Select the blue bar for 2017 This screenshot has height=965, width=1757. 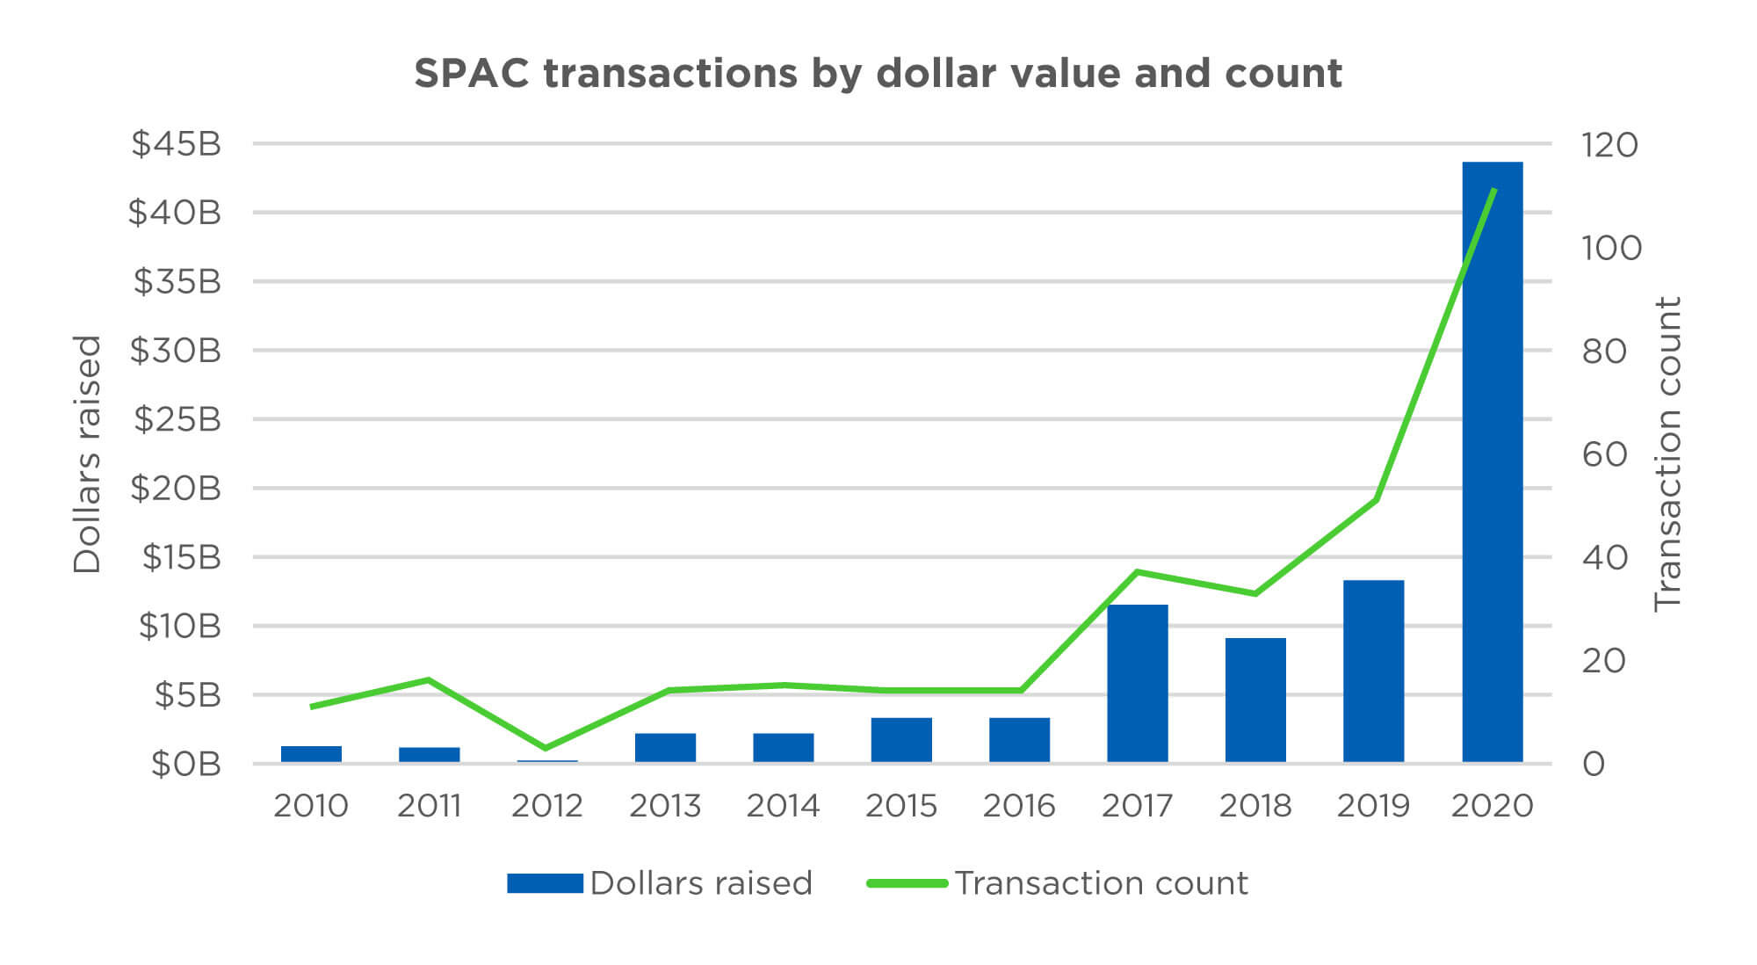coord(1137,683)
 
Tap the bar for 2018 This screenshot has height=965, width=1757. coord(1255,700)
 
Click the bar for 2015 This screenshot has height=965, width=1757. coord(901,739)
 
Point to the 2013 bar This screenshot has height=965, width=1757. coord(665,747)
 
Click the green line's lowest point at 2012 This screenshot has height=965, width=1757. coord(546,748)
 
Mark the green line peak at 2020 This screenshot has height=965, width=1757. coord(1493,190)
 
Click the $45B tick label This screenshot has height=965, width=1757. coord(176,143)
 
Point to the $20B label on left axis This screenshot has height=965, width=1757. coord(176,488)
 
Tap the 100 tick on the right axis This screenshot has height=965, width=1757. coord(1611,248)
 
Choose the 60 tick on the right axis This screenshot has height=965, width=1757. coord(1605,454)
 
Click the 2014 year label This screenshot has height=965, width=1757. coord(783,805)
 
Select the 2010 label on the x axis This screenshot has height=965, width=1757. coord(311,805)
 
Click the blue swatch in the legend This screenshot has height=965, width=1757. coord(545,883)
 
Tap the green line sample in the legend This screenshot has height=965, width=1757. coord(907,883)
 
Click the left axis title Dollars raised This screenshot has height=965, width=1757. coord(87,453)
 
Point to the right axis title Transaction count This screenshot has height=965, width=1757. coord(1667,453)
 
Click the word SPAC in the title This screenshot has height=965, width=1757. coord(472,73)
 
